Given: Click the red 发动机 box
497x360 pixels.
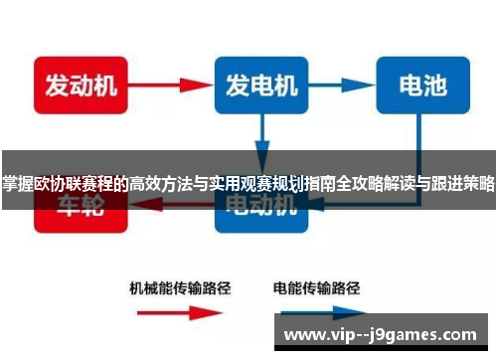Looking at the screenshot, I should click(x=76, y=87).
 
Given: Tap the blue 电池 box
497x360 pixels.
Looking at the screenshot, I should click(x=420, y=87).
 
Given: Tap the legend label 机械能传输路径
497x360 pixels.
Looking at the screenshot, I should click(x=181, y=289).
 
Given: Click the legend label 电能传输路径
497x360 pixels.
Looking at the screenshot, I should click(x=314, y=289).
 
